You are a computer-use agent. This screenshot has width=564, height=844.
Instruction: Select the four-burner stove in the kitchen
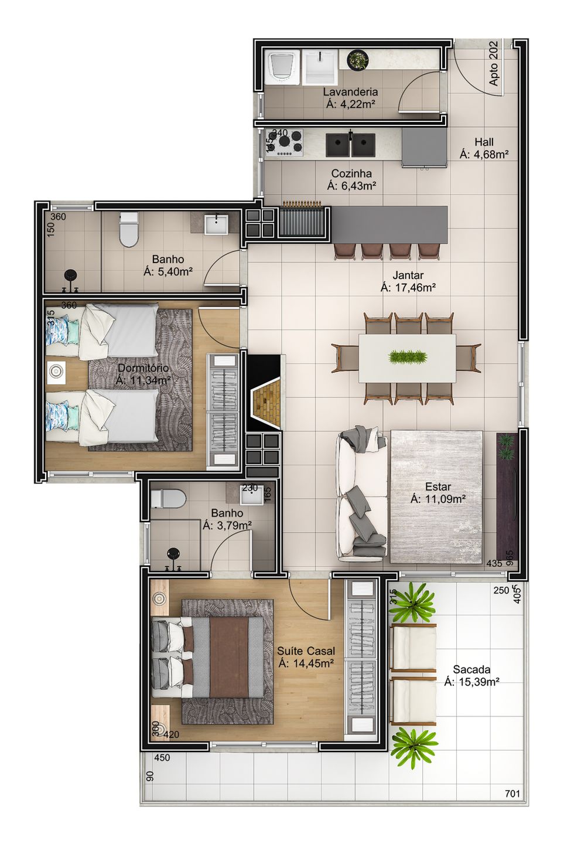285,142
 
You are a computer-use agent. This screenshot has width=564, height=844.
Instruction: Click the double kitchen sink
351,145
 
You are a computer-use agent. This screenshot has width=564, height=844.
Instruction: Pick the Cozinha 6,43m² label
351,179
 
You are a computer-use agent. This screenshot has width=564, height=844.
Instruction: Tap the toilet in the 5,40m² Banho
128,230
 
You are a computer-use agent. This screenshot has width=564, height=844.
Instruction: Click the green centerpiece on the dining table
407,356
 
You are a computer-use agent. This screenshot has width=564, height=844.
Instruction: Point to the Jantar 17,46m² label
408,281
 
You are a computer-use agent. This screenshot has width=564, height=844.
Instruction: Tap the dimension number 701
512,794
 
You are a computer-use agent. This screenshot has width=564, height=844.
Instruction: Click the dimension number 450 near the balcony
162,758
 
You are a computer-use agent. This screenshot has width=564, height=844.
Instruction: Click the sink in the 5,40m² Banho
217,224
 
